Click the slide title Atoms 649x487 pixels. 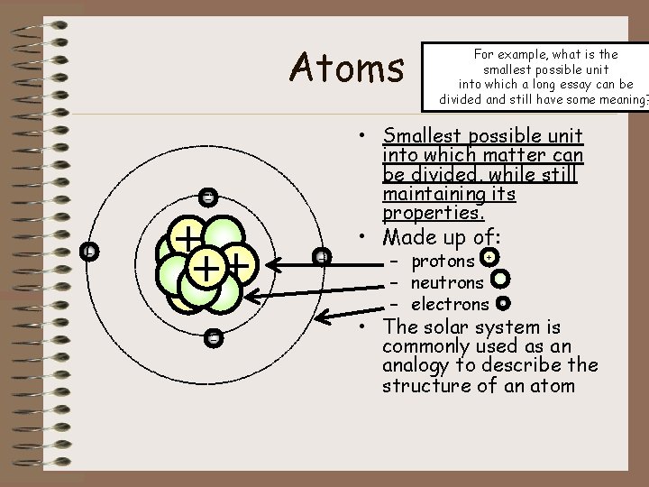click(347, 67)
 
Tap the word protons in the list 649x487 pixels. click(443, 262)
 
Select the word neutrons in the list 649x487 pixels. click(447, 283)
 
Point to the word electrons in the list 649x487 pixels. click(450, 305)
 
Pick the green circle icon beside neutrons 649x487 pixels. click(501, 280)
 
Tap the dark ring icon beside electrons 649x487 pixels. click(503, 304)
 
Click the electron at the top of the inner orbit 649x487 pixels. click(208, 197)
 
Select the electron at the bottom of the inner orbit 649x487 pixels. click(213, 338)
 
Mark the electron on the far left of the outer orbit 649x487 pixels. click(88, 252)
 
